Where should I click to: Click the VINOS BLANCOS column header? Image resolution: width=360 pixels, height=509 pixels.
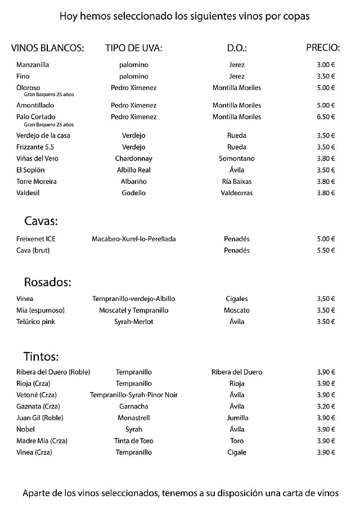(47, 48)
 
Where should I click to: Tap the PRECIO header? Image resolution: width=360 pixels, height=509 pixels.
(322, 47)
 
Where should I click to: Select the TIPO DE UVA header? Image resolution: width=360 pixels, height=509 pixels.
(133, 48)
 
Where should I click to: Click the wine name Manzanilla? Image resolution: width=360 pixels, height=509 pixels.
(33, 65)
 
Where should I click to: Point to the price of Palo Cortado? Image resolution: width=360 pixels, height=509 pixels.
(326, 117)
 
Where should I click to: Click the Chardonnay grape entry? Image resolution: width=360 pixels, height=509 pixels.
(134, 159)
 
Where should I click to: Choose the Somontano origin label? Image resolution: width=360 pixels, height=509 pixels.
(237, 159)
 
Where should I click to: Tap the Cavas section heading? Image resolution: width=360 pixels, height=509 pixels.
(42, 220)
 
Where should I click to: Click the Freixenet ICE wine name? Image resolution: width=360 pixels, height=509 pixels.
(36, 239)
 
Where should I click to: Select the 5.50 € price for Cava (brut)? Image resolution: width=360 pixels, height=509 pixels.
(326, 250)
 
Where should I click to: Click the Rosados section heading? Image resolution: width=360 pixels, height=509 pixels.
(47, 281)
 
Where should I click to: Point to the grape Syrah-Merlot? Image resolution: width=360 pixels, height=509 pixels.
(134, 322)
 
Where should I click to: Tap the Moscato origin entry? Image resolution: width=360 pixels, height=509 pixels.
(237, 310)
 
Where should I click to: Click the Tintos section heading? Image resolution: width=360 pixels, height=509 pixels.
(41, 356)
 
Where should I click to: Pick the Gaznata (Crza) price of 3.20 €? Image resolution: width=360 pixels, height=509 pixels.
(326, 406)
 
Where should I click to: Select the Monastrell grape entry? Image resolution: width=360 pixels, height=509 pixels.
(134, 418)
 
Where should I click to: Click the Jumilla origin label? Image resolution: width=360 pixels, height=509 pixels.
(237, 418)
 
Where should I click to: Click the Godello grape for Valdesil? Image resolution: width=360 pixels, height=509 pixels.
(134, 193)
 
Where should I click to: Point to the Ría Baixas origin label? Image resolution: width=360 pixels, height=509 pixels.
(237, 182)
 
